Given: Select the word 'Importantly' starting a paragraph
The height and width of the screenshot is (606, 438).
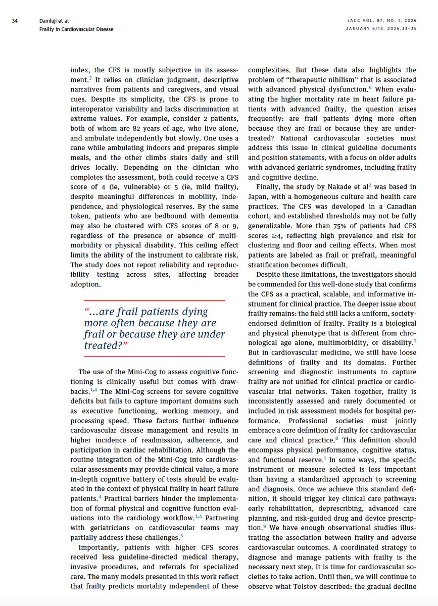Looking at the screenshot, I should [x=99, y=547].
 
